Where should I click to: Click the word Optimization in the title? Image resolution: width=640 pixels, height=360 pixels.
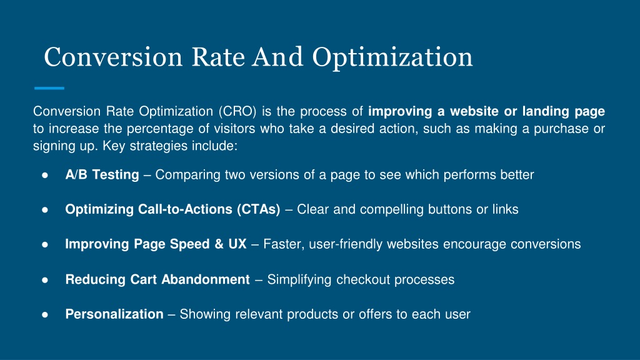pos(392,57)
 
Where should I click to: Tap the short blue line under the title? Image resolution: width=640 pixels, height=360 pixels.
pos(49,87)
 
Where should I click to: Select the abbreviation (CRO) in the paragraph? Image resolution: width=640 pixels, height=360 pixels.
pos(237,111)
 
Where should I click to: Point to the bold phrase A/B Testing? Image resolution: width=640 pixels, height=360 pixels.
pos(102,175)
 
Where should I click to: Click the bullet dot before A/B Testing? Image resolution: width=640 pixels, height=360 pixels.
pos(45,175)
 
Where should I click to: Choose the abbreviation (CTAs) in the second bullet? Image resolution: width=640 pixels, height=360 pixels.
pos(258,209)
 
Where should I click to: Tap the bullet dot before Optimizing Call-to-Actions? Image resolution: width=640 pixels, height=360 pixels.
pos(45,210)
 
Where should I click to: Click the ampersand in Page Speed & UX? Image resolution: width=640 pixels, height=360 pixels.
pos(219,244)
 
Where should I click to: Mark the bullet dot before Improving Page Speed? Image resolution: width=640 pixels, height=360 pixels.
pos(45,244)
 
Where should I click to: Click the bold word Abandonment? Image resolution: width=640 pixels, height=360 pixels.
pos(206,279)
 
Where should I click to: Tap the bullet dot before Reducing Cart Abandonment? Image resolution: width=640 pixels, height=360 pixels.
pos(45,280)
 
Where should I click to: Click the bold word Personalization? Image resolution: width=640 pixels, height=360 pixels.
pos(114,314)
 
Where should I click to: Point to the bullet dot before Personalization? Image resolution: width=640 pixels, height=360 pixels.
pos(45,315)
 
